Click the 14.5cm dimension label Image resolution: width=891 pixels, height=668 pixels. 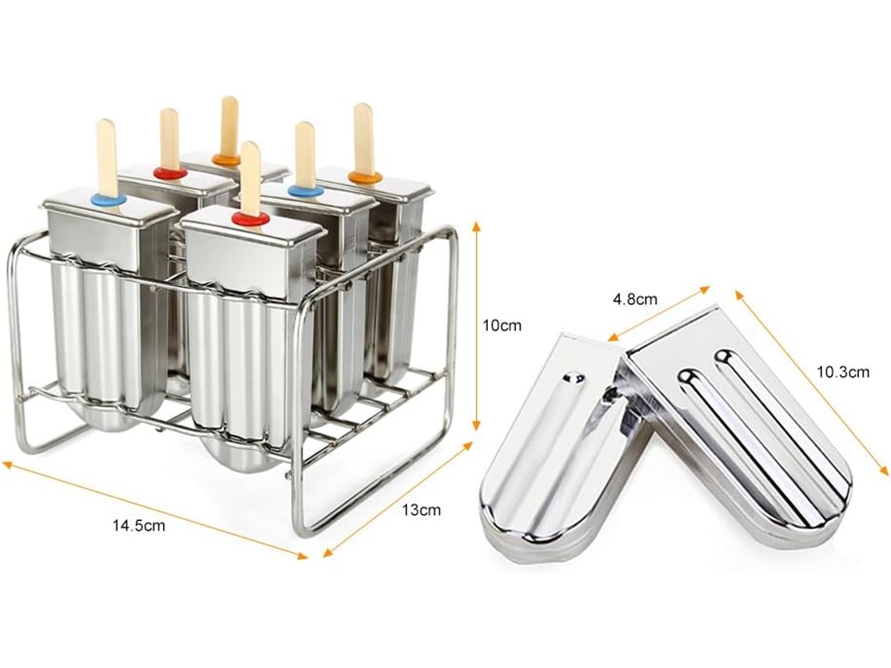(x=138, y=526)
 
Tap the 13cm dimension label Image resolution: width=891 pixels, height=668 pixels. (x=421, y=509)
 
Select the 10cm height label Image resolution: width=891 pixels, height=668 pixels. (x=502, y=326)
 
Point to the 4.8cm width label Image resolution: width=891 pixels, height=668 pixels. (x=635, y=298)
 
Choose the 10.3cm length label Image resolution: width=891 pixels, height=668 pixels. (x=843, y=372)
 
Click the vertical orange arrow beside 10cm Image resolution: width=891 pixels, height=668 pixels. (x=477, y=326)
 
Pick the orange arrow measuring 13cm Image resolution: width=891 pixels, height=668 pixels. (x=397, y=499)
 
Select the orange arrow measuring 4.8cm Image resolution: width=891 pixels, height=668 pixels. (x=659, y=313)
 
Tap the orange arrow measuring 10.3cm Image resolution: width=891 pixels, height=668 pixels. (x=811, y=382)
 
